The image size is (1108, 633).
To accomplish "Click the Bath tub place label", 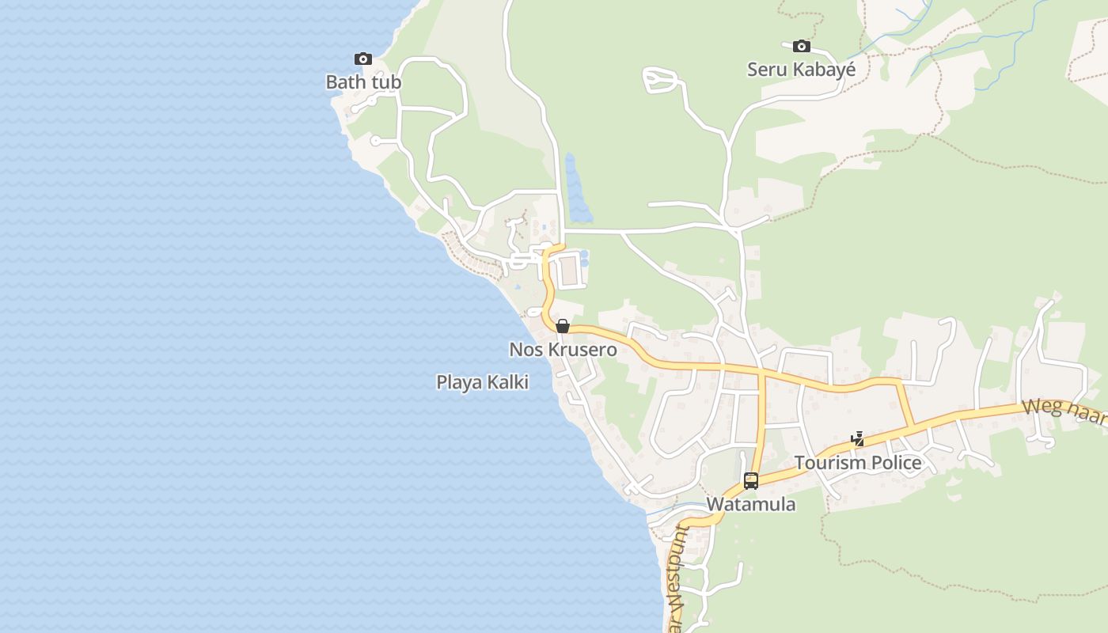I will pyautogui.click(x=363, y=82).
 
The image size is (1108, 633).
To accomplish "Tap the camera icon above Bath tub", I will pyautogui.click(x=363, y=59).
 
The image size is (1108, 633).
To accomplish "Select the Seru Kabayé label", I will pyautogui.click(x=801, y=70).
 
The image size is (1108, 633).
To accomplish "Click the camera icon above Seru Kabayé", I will pyautogui.click(x=802, y=47).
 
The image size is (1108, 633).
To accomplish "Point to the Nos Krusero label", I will pyautogui.click(x=563, y=350).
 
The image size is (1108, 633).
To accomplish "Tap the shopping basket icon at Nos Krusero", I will pyautogui.click(x=563, y=326).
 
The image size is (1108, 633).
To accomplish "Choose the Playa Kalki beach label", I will pyautogui.click(x=482, y=383).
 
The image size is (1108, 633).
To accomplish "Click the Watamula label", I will pyautogui.click(x=750, y=505).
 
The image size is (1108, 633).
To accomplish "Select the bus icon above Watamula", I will pyautogui.click(x=751, y=480).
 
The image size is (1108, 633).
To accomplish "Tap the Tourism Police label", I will pyautogui.click(x=858, y=463).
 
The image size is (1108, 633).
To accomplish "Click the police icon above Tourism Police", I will pyautogui.click(x=857, y=439).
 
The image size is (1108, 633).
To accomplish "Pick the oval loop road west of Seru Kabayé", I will pyautogui.click(x=662, y=79).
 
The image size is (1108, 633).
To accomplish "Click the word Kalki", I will pyautogui.click(x=507, y=383).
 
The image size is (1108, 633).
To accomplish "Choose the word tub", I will pyautogui.click(x=386, y=82).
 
